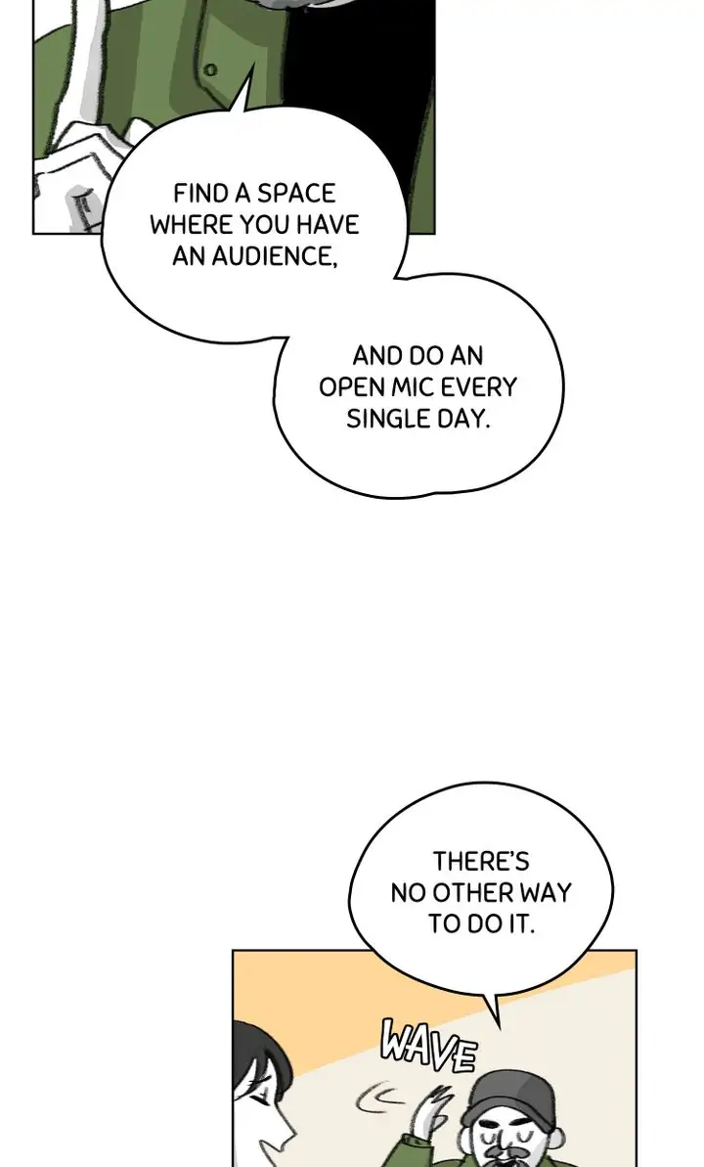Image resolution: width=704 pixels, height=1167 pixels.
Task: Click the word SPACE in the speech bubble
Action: [x=295, y=194]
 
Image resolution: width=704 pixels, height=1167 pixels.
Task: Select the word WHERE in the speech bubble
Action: [x=191, y=225]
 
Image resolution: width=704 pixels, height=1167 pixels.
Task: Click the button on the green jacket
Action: [x=210, y=70]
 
